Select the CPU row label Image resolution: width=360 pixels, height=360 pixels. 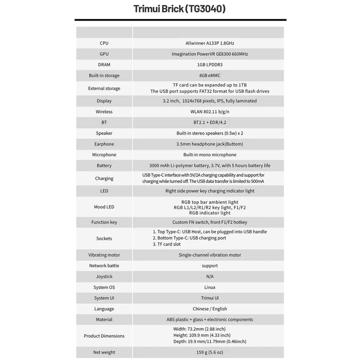(x=104, y=43)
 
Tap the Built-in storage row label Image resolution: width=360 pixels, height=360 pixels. (x=104, y=76)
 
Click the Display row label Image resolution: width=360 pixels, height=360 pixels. (x=104, y=101)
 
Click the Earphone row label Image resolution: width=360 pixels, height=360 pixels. (x=104, y=144)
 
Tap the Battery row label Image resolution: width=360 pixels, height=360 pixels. (x=104, y=166)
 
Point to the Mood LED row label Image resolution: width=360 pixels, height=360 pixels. (x=104, y=207)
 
